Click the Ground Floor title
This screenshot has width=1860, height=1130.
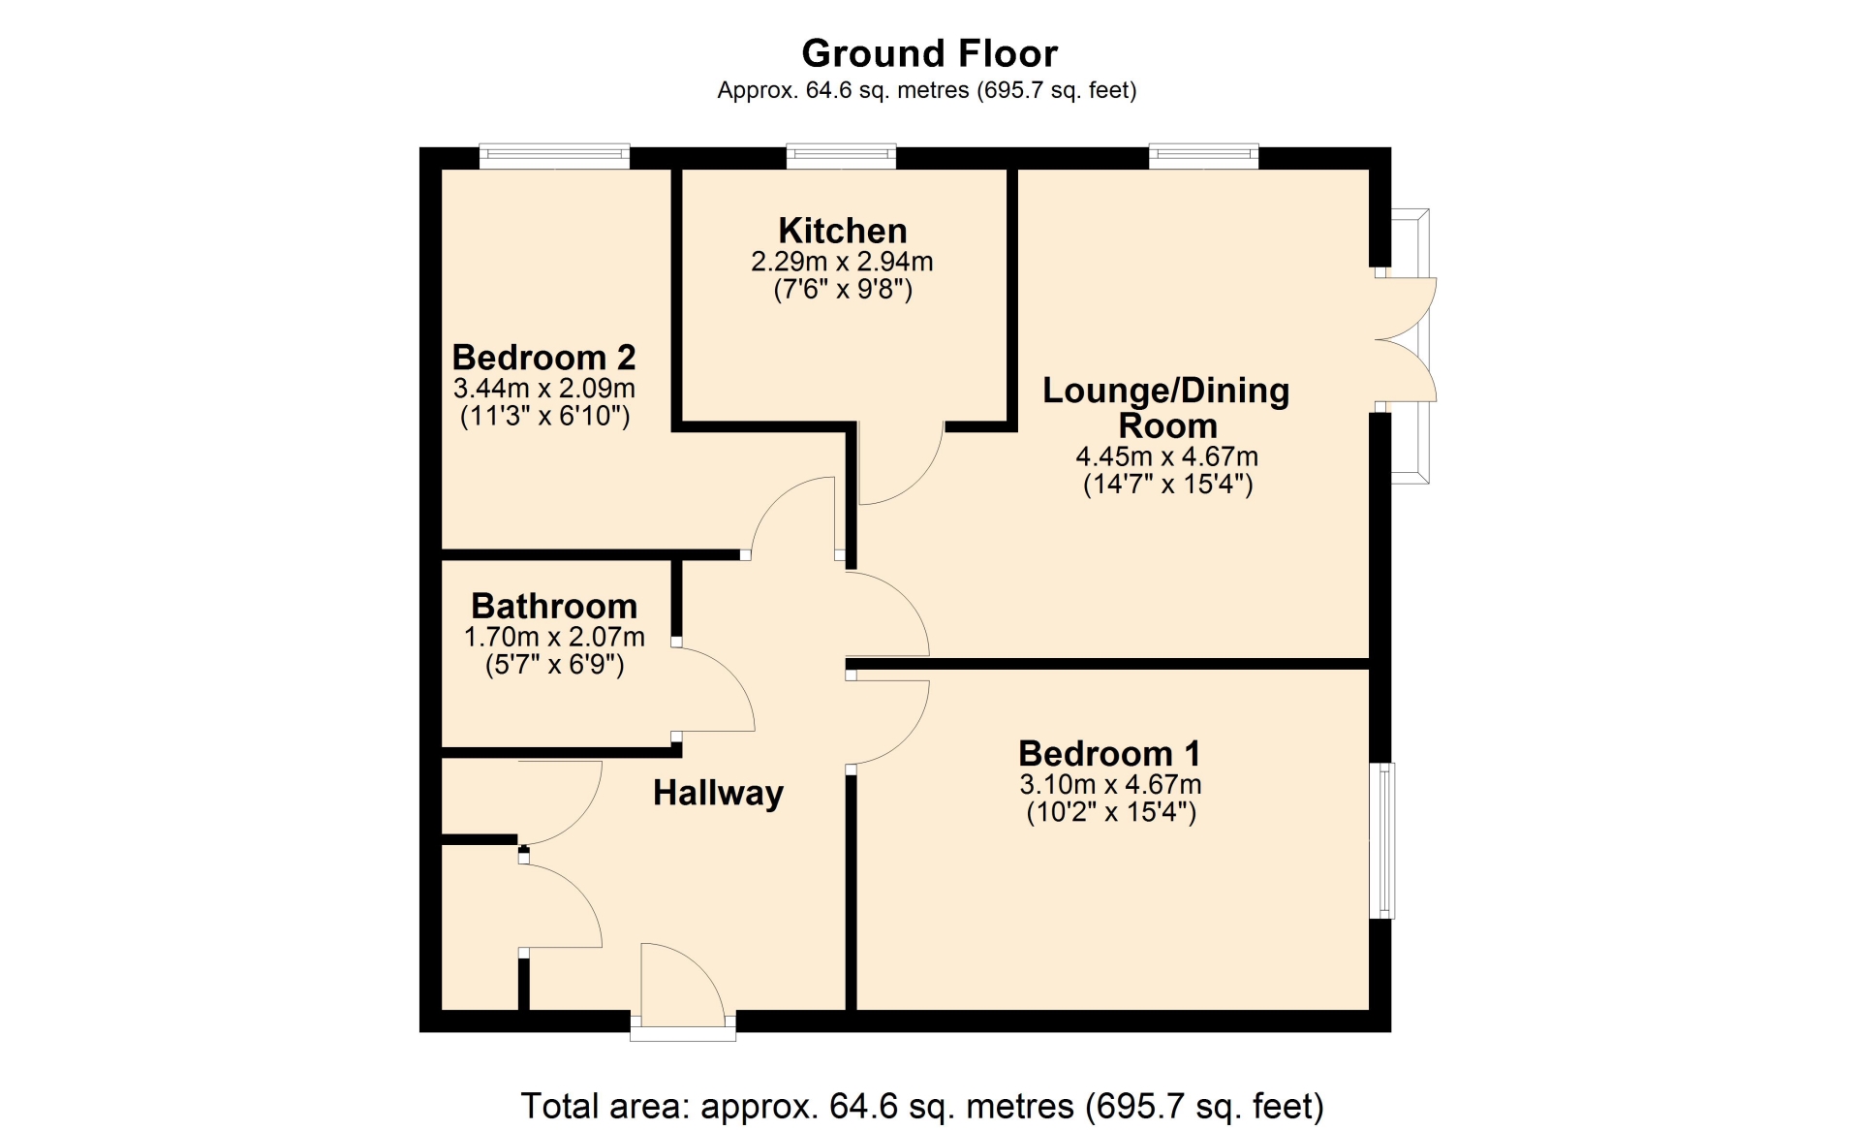[929, 52]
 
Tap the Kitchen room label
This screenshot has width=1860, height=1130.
[843, 231]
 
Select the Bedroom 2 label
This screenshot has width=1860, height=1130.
[543, 358]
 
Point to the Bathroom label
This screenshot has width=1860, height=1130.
[554, 607]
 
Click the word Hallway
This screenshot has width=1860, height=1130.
[718, 794]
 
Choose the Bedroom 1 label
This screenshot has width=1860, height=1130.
[1109, 753]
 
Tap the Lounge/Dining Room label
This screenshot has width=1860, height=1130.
[1166, 408]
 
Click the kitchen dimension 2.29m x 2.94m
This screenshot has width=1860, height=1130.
[842, 262]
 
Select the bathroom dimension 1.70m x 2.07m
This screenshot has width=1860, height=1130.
[554, 637]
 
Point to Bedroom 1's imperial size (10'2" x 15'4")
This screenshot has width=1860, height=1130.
[1111, 812]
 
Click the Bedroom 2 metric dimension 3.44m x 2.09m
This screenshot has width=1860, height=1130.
[543, 389]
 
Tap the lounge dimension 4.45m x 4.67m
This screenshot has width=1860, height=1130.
[1166, 456]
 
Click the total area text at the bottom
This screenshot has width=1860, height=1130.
[922, 1106]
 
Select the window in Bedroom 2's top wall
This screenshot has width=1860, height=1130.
[554, 156]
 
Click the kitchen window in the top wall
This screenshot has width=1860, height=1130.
[841, 156]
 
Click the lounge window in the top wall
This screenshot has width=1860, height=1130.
[1204, 156]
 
